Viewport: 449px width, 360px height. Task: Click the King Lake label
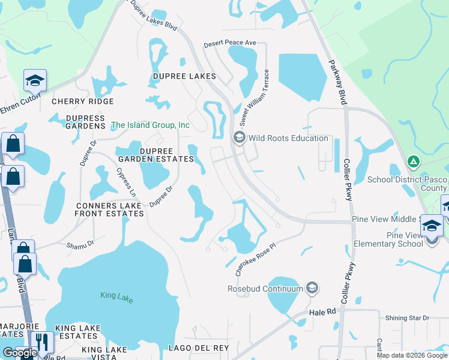(116, 296)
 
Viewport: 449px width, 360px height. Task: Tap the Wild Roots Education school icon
(239, 138)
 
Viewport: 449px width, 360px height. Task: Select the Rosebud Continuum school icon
(312, 289)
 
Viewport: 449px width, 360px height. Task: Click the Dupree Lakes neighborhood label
(184, 77)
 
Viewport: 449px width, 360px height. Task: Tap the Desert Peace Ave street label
(230, 44)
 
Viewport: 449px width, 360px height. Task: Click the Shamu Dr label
(80, 244)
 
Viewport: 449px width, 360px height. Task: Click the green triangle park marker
(413, 161)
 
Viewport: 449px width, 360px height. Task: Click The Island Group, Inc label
(150, 125)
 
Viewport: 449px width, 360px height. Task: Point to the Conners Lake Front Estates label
(109, 209)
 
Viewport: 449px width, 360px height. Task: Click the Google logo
(19, 353)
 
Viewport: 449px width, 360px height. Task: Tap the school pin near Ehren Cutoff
(35, 80)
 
